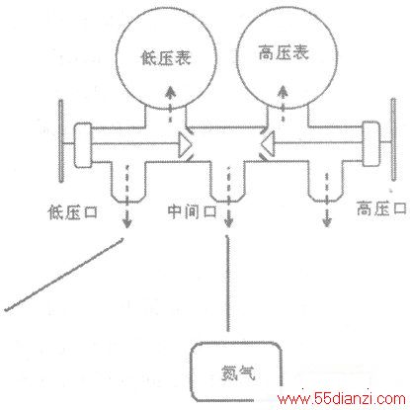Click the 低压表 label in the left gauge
click(166, 58)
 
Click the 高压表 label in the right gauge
click(284, 52)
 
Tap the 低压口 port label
click(73, 212)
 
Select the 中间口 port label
click(192, 211)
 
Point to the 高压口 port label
click(381, 208)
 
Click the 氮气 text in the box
click(238, 372)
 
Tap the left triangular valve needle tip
click(192, 144)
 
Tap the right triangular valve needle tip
click(261, 144)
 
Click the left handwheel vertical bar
click(61, 141)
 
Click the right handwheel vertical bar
click(393, 139)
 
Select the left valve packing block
click(83, 145)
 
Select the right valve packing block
click(371, 143)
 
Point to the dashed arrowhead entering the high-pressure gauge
click(283, 90)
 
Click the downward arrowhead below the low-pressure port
click(127, 223)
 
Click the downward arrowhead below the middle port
click(228, 222)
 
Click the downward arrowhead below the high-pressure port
click(326, 222)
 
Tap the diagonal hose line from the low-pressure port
click(64, 275)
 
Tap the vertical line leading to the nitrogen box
click(227, 284)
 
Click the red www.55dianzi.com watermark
click(342, 399)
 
